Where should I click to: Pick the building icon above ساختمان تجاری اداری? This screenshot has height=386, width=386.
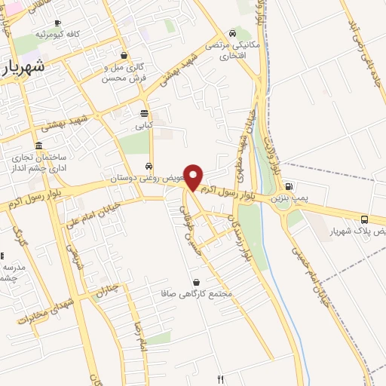point(38,145)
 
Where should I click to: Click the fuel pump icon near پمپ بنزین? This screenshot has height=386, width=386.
point(289,187)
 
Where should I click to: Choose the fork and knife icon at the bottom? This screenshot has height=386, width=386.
point(220,379)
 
